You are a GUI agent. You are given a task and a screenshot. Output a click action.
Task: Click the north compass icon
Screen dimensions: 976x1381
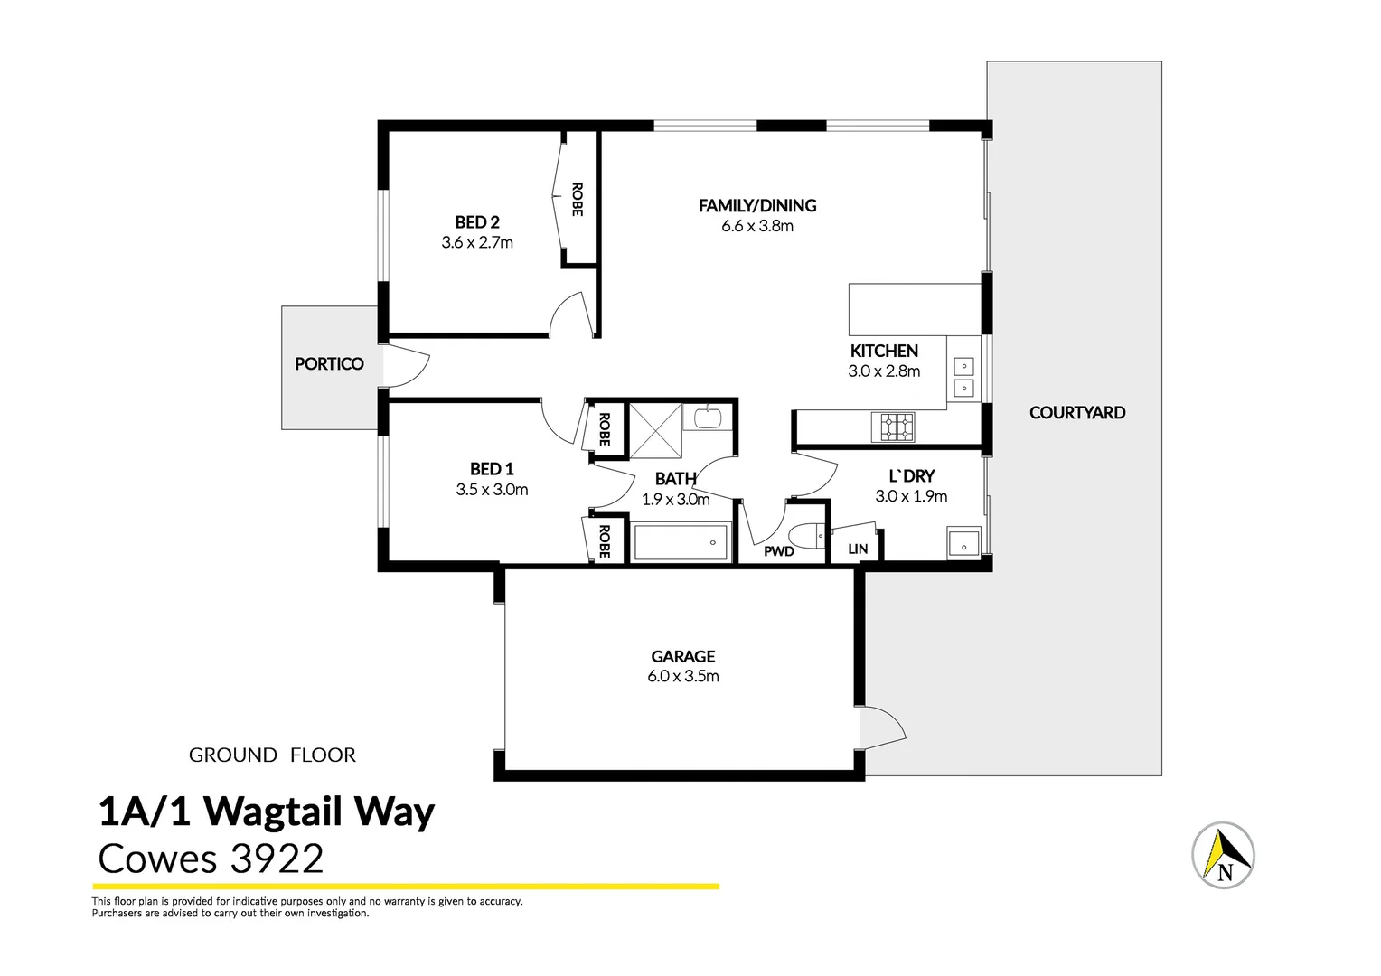pyautogui.click(x=1223, y=855)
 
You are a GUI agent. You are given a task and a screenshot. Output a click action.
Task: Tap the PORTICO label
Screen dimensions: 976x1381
pyautogui.click(x=329, y=363)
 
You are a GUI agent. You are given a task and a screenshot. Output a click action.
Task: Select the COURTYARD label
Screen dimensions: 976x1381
pyautogui.click(x=1076, y=412)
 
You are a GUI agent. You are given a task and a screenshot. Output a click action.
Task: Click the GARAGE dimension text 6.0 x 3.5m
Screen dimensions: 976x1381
pyautogui.click(x=682, y=676)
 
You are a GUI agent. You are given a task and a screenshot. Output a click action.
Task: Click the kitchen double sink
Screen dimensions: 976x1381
pyautogui.click(x=963, y=378)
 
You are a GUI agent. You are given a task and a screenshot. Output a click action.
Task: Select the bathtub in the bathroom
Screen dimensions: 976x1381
pyautogui.click(x=681, y=542)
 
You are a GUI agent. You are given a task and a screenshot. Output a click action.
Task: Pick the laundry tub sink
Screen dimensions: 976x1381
pyautogui.click(x=963, y=543)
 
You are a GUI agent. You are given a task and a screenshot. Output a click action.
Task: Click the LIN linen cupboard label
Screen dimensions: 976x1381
pyautogui.click(x=858, y=549)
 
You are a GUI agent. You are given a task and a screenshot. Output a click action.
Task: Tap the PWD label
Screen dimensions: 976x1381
pyautogui.click(x=778, y=550)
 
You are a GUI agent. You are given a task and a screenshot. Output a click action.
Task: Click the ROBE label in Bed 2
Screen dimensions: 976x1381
pyautogui.click(x=577, y=200)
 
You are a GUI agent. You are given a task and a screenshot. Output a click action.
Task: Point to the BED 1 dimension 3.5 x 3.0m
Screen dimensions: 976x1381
pyautogui.click(x=492, y=490)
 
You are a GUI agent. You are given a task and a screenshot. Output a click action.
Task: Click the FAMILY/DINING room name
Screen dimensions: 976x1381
pyautogui.click(x=756, y=205)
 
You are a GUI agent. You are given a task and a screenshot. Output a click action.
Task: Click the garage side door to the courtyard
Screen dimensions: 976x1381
pyautogui.click(x=881, y=727)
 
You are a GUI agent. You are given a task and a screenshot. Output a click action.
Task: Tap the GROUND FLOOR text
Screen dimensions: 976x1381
pyautogui.click(x=272, y=755)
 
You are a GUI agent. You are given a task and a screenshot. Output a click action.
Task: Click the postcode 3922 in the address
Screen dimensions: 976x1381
pyautogui.click(x=276, y=859)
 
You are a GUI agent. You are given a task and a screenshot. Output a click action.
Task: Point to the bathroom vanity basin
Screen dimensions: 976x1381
pyautogui.click(x=707, y=418)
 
